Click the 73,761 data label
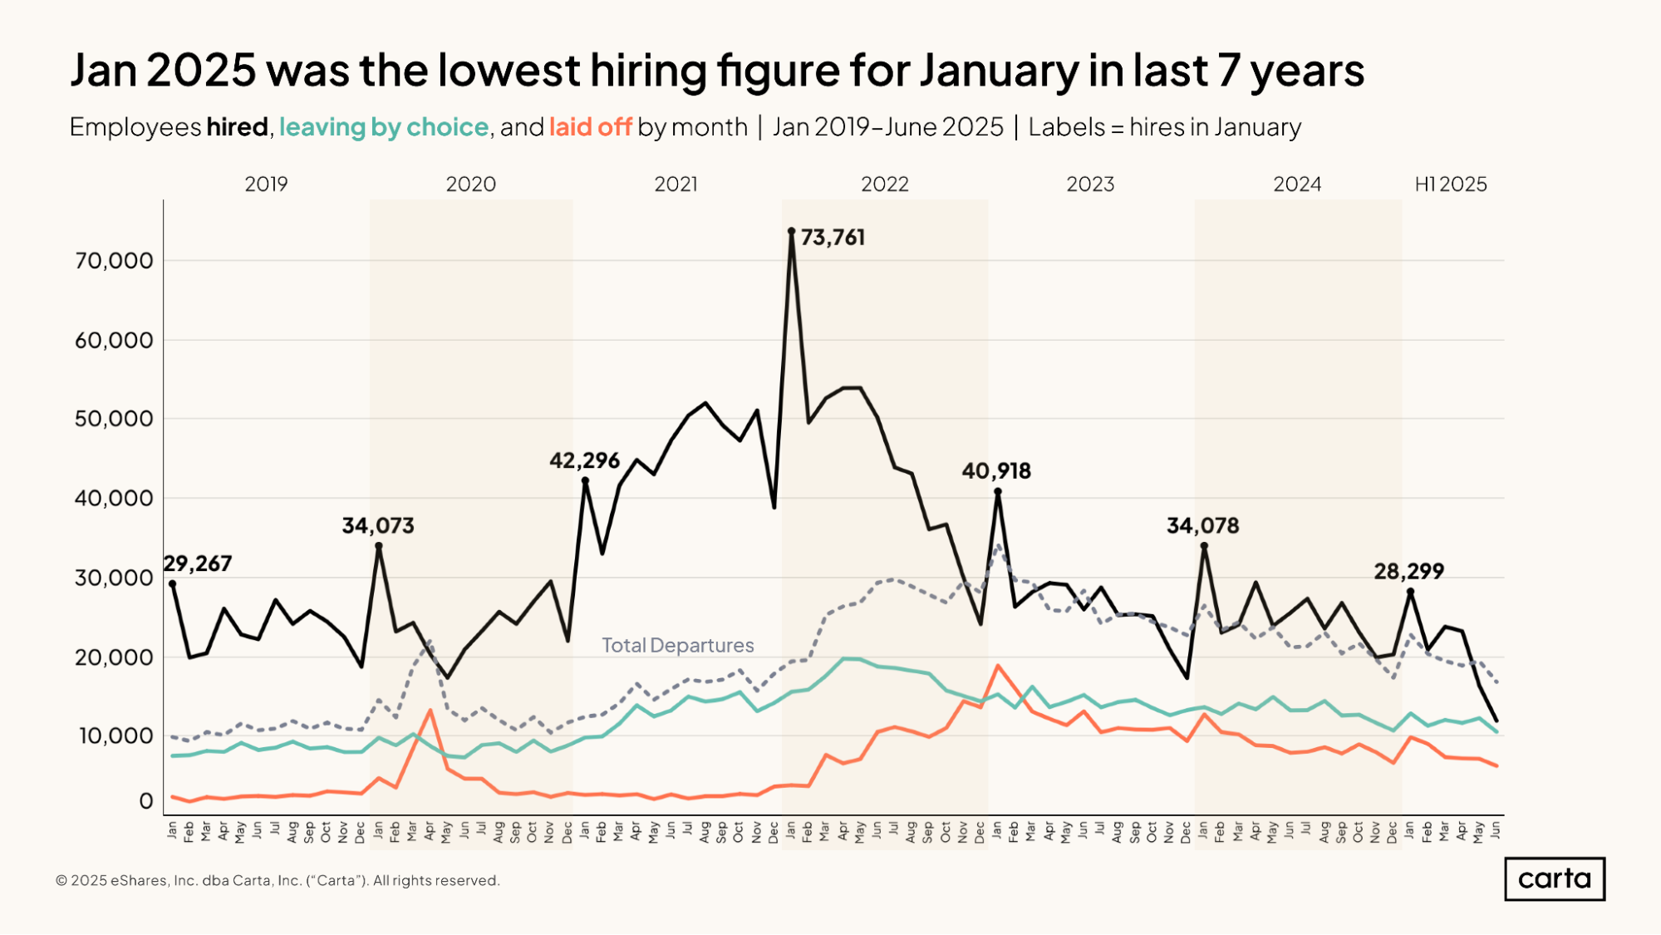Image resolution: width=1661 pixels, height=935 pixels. click(x=832, y=238)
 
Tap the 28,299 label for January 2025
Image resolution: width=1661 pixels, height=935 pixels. click(x=1408, y=572)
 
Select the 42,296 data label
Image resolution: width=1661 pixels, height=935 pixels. click(x=584, y=460)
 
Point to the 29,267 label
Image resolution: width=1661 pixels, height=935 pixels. click(x=198, y=563)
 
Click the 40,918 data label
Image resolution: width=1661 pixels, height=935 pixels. click(x=996, y=471)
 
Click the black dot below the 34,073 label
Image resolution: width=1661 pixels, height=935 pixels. click(x=379, y=546)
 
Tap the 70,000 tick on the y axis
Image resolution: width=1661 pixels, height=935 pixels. click(x=114, y=261)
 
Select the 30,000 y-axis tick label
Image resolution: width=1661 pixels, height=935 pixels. click(x=114, y=578)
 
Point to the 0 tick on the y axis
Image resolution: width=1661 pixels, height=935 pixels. click(x=146, y=801)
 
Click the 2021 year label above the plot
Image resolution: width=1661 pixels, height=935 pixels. click(x=676, y=185)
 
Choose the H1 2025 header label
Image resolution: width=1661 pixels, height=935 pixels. click(x=1450, y=185)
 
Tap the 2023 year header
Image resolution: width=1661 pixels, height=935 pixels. click(x=1089, y=185)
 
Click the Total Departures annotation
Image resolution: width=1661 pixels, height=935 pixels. click(x=677, y=646)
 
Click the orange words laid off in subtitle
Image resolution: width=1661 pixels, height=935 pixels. click(x=590, y=127)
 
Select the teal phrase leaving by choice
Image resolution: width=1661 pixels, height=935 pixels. click(x=383, y=127)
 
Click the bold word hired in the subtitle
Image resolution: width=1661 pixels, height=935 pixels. click(x=237, y=127)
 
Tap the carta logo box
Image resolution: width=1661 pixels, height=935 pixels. click(x=1554, y=878)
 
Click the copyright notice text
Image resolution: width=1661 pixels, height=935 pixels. click(x=278, y=880)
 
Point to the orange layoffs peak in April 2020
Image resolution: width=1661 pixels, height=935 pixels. click(x=430, y=711)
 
